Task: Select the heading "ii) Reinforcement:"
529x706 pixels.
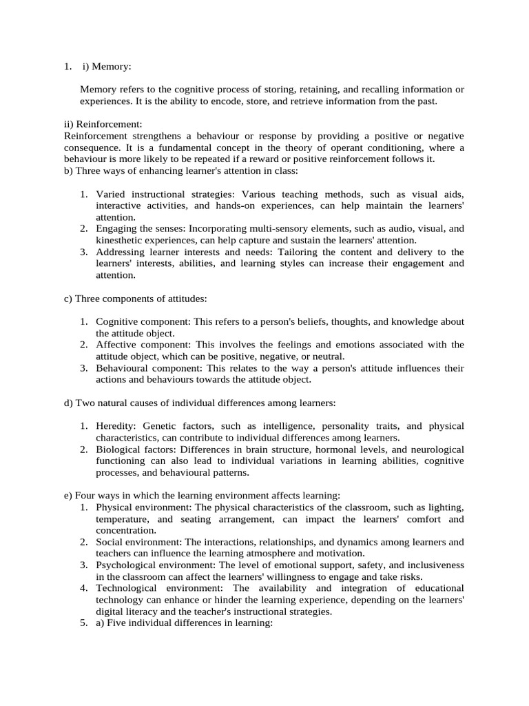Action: tap(102, 124)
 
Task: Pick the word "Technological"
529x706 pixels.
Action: tap(126, 588)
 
